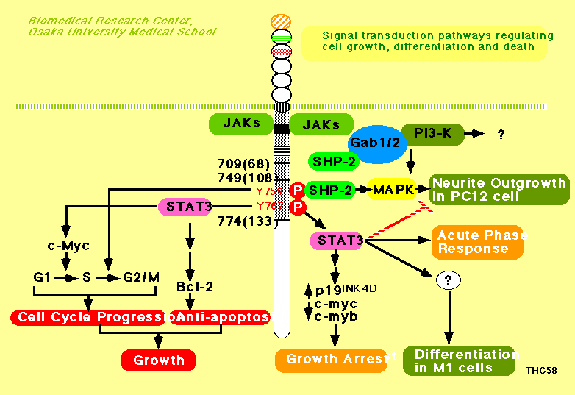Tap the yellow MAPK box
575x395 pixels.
pos(392,189)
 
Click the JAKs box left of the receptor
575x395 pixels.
pos(240,124)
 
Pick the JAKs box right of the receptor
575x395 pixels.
pos(321,124)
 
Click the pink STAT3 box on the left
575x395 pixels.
pos(188,206)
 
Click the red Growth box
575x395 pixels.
pos(158,360)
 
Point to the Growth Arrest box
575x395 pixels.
pos(331,360)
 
